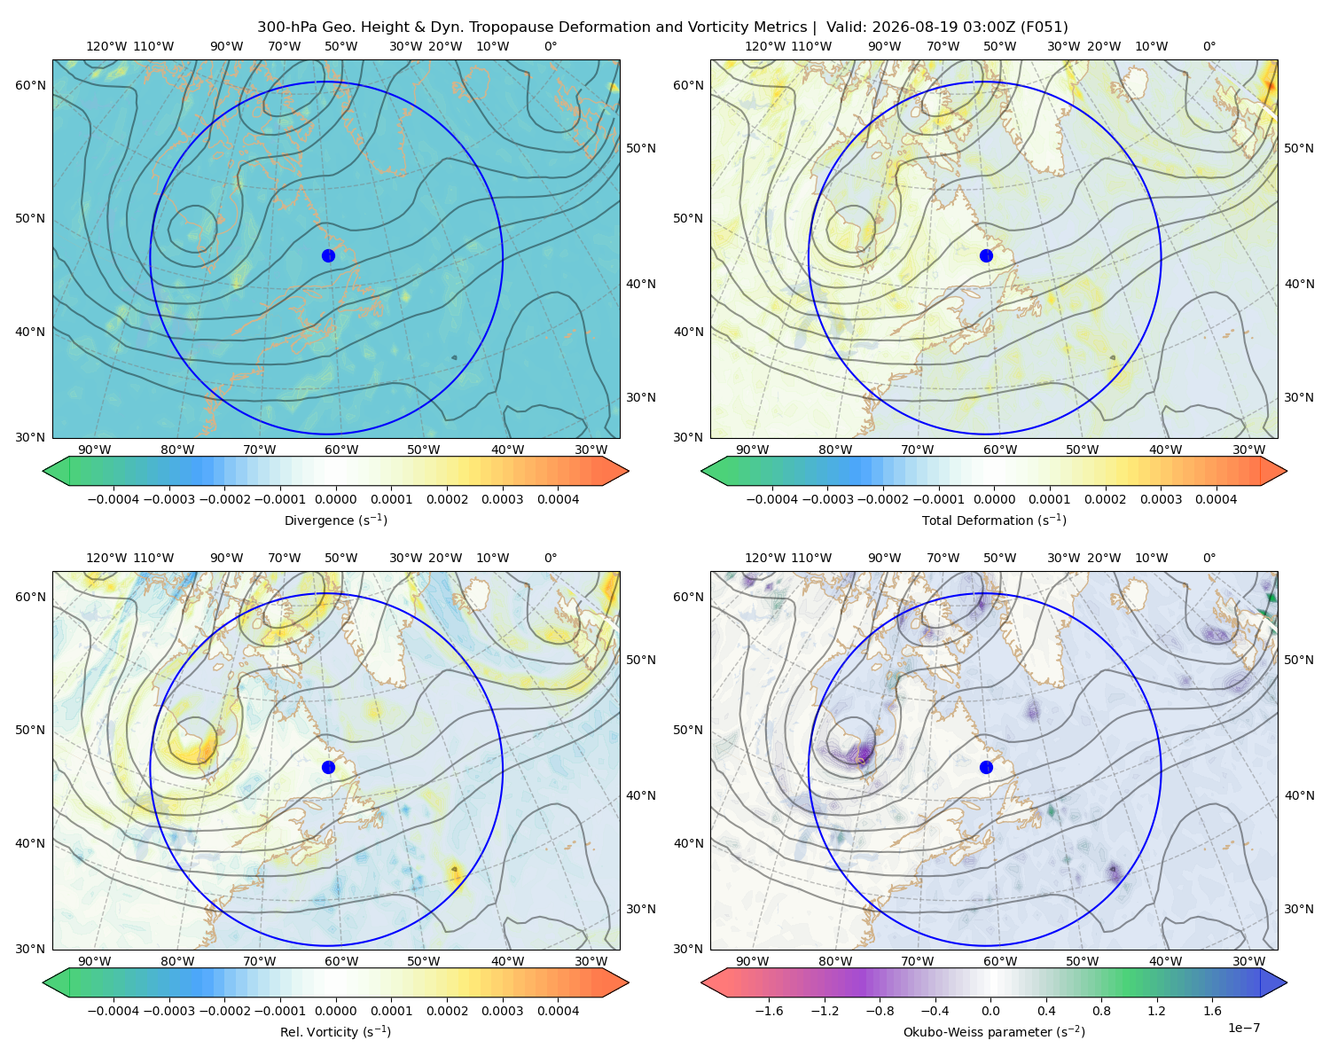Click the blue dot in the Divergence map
[x=328, y=256]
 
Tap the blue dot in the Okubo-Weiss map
[x=986, y=767]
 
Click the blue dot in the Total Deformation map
[x=986, y=256]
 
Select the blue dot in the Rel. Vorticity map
[x=328, y=767]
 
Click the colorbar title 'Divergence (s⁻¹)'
[x=335, y=520]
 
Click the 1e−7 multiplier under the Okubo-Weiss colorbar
[x=1243, y=1028]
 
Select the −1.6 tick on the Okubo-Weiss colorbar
[x=769, y=1011]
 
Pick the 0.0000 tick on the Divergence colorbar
[x=335, y=499]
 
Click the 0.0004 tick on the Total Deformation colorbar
[x=1216, y=499]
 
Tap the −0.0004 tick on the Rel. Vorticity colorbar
[x=113, y=1011]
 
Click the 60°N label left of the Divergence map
[x=30, y=85]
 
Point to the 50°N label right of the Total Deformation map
[x=1299, y=148]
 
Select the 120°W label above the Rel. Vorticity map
[x=106, y=558]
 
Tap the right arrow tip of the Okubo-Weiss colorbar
[x=1287, y=982]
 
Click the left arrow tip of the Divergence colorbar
[x=43, y=471]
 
